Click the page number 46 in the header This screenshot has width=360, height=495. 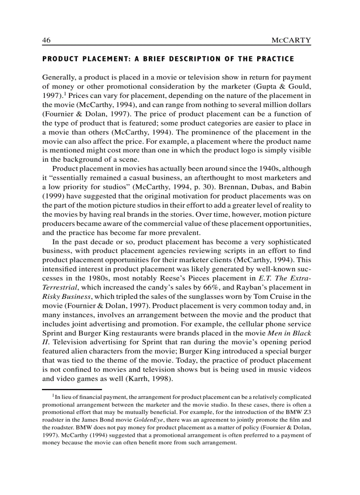tap(46, 40)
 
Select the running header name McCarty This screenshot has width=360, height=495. tap(292, 40)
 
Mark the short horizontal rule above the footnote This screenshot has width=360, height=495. tap(72, 389)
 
